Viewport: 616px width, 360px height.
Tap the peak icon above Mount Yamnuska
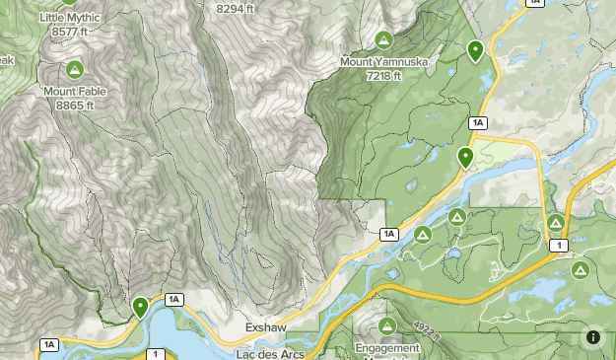(x=383, y=40)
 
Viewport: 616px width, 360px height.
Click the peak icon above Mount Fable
(x=74, y=70)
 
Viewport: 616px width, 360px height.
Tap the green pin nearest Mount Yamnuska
(x=475, y=50)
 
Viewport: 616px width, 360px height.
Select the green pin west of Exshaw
(x=141, y=308)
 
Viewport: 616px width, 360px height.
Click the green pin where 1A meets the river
(x=465, y=156)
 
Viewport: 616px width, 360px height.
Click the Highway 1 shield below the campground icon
(x=559, y=245)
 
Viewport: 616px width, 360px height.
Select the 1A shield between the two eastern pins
(x=479, y=122)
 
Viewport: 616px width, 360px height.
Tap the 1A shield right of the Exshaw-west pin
(x=174, y=299)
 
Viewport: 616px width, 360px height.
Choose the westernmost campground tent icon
(x=422, y=234)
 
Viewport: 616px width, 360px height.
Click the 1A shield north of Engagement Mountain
(x=389, y=234)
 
